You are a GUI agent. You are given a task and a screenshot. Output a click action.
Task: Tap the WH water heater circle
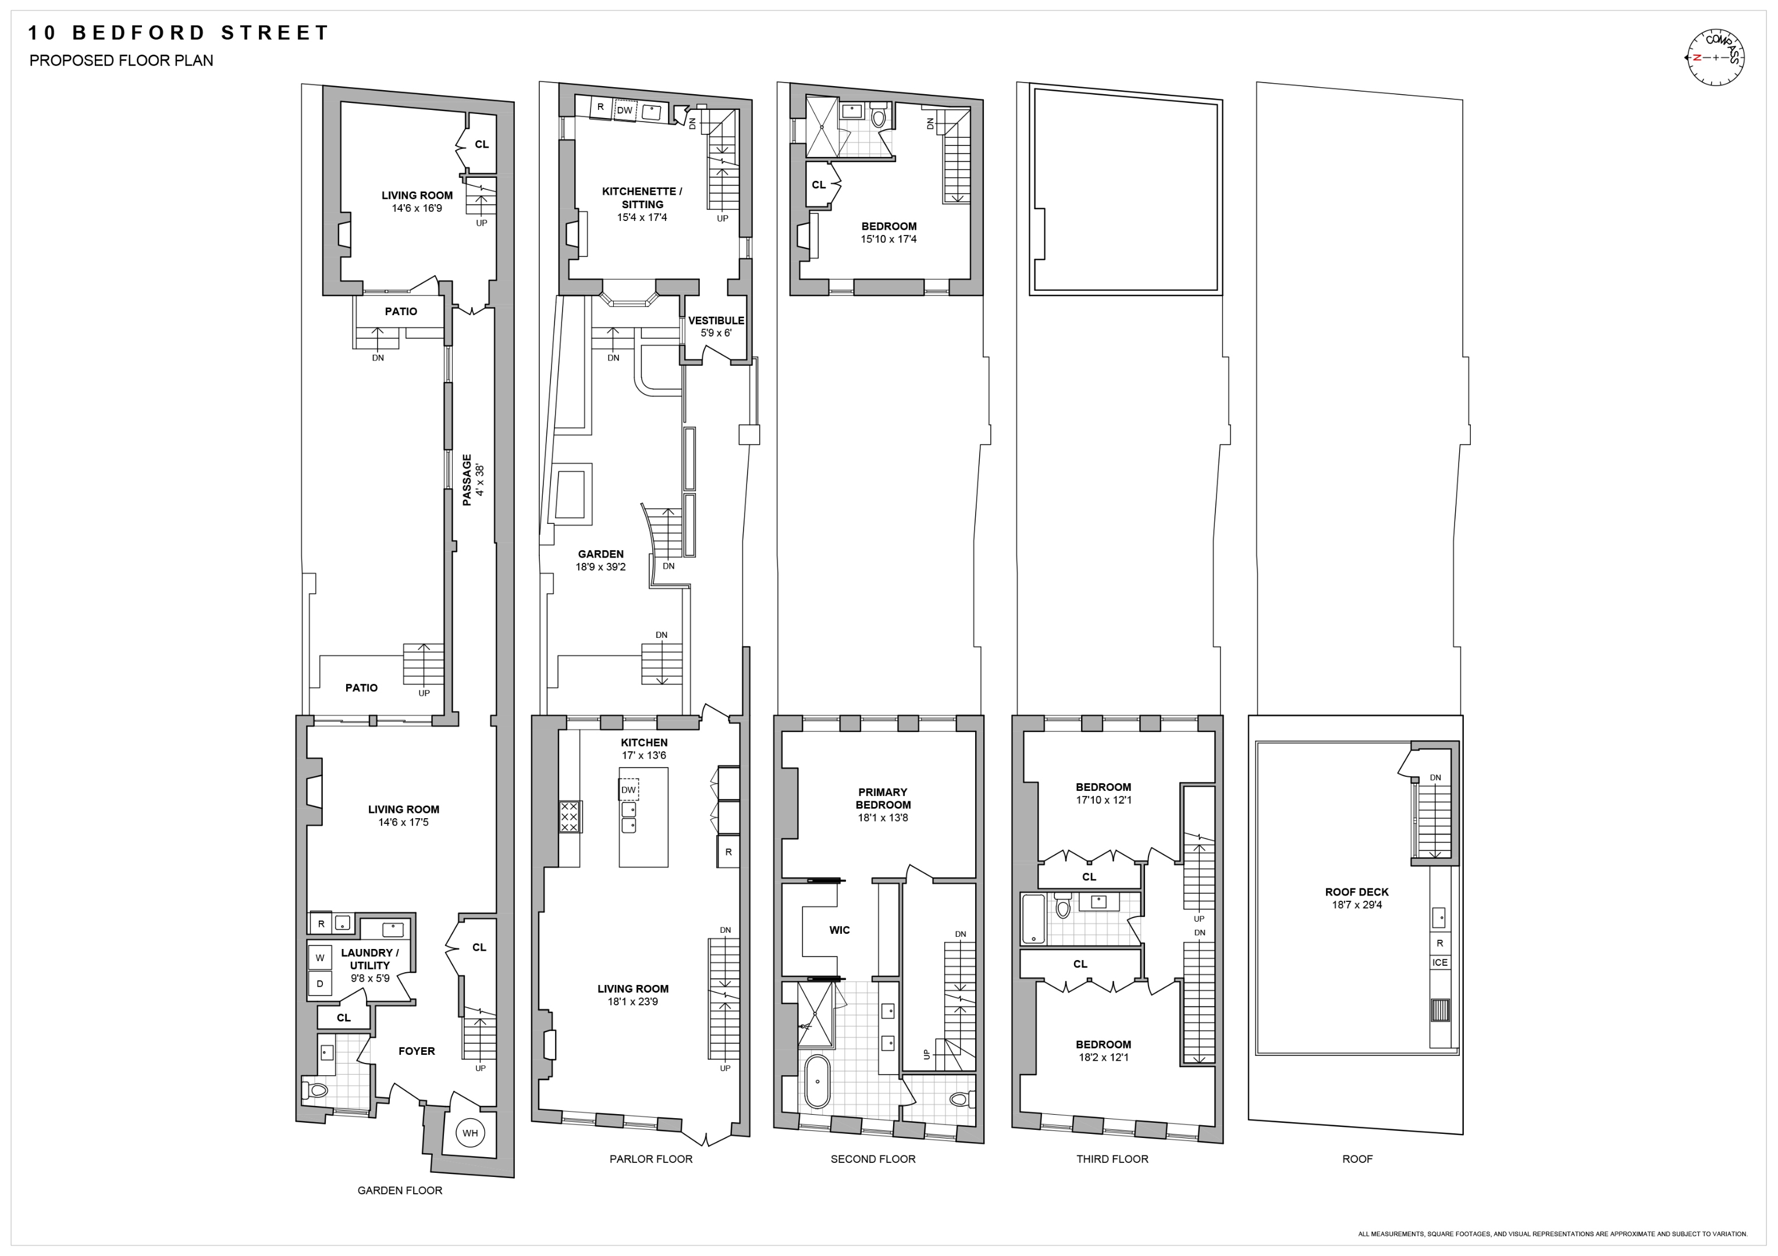click(470, 1133)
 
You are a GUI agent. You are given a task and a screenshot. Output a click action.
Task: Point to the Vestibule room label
click(716, 320)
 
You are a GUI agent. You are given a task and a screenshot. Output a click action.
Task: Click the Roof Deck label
click(1357, 892)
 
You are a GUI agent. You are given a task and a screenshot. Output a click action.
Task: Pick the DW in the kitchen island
click(629, 789)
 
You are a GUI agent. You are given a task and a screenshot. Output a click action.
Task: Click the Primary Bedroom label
click(882, 798)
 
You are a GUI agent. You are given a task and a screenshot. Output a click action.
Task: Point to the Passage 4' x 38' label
click(472, 480)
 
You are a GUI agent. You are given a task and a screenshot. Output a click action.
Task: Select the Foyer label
click(417, 1051)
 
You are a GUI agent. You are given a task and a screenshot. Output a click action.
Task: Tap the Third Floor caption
click(1112, 1158)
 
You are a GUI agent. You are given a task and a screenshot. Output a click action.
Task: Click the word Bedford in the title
click(140, 33)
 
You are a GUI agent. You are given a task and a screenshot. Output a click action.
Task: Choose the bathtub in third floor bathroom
click(1033, 919)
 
